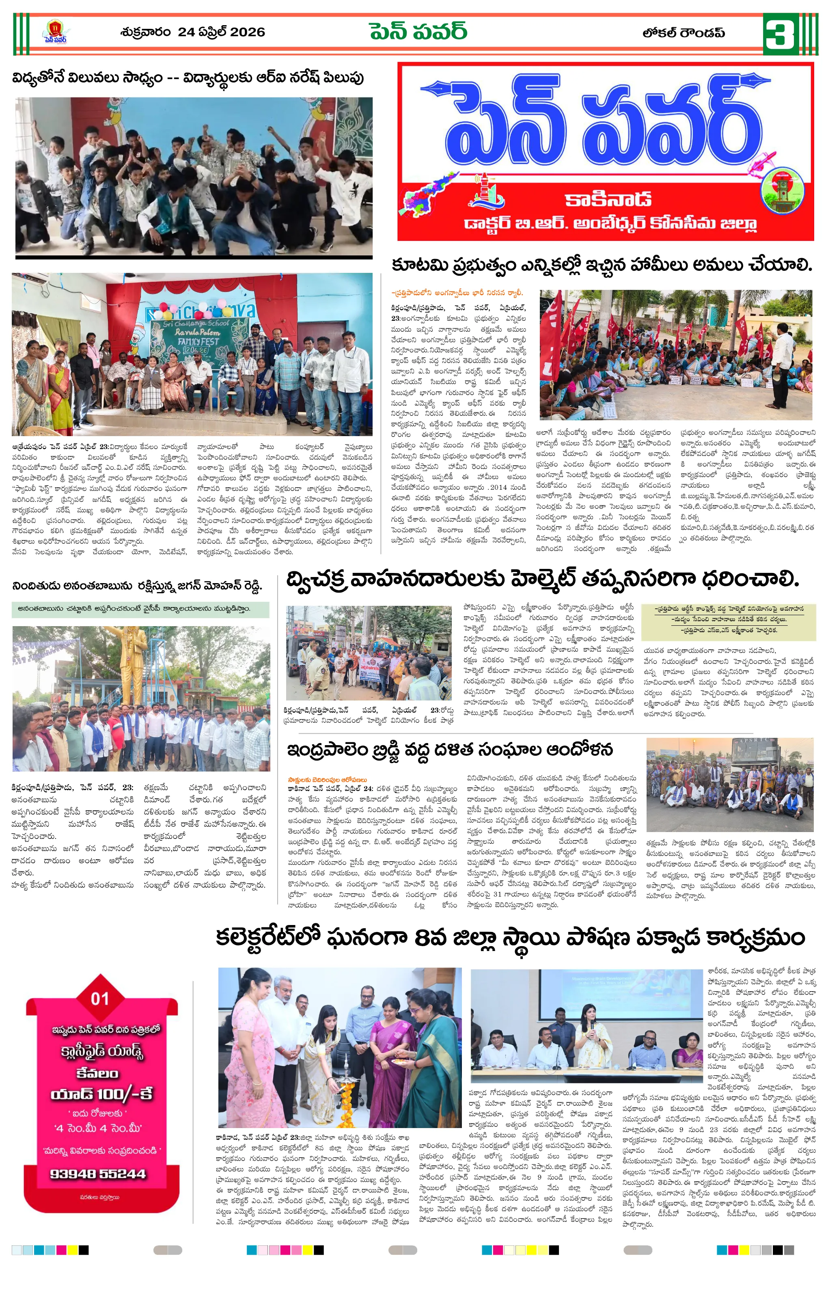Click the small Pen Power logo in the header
55,32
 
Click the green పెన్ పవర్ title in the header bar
418,32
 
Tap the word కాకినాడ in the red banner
607,199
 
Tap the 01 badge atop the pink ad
100,998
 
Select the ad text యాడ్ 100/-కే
101,1094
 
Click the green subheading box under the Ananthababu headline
140,609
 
